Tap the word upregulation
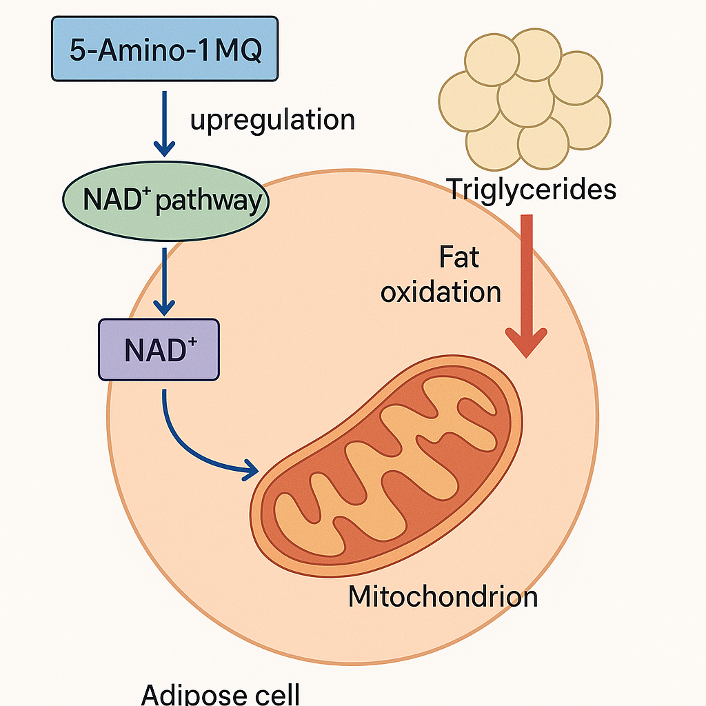click(272, 120)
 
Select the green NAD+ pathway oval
click(165, 201)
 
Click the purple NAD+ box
click(159, 350)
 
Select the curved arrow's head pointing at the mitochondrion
click(250, 471)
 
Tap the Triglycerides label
click(532, 188)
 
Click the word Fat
click(458, 259)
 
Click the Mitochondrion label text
click(443, 596)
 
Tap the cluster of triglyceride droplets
click(524, 97)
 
